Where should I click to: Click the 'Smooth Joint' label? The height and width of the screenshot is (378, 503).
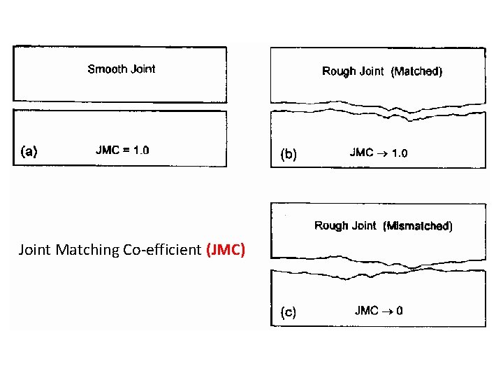pos(122,69)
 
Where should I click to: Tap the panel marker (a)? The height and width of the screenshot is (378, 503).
pos(29,150)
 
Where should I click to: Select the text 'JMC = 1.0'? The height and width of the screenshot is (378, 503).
pos(122,150)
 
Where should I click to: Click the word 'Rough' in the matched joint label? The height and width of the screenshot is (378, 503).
pos(339,71)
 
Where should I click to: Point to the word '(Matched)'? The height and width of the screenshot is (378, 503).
pos(416,71)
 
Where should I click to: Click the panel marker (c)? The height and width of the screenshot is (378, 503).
pos(288,312)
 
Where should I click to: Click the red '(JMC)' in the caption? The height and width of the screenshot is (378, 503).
pos(226,249)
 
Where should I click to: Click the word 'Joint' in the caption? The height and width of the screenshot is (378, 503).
pos(35,249)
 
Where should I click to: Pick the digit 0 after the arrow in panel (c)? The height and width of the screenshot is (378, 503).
pos(399,311)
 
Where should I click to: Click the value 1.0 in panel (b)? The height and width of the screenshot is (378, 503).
pos(399,153)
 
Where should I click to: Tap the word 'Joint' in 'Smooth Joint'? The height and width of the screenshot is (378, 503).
pos(143,69)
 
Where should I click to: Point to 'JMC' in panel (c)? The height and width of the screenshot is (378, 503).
pos(366,311)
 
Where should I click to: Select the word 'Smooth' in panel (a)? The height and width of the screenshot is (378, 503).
pos(108,69)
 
